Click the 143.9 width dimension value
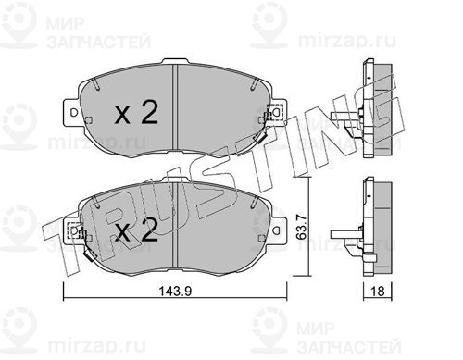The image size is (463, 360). coord(175,291)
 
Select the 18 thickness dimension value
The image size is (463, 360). coord(378,291)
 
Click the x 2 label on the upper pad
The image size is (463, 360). coord(136,113)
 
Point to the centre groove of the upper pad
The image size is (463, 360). coord(175,107)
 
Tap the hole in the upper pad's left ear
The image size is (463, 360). coord(74,112)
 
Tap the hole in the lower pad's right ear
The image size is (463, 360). coord(277,230)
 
